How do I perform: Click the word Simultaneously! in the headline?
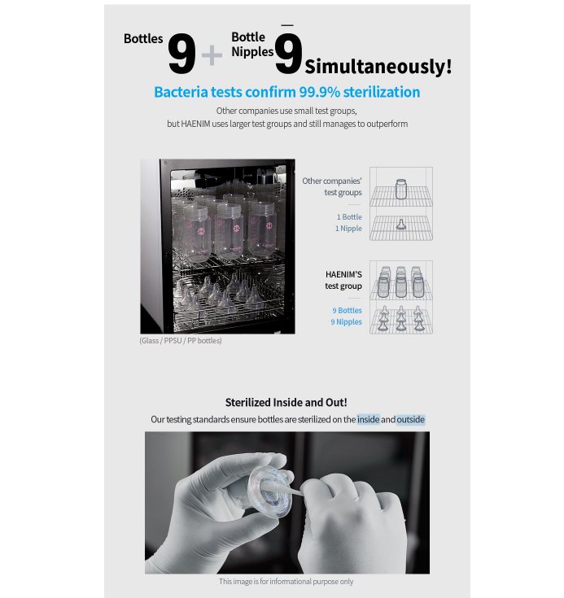pyautogui.click(x=378, y=67)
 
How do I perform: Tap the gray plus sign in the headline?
pyautogui.click(x=212, y=55)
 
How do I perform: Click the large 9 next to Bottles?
pyautogui.click(x=181, y=54)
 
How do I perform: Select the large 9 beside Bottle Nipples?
pyautogui.click(x=288, y=54)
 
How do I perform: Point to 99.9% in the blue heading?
pyautogui.click(x=319, y=92)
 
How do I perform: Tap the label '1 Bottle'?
pyautogui.click(x=349, y=217)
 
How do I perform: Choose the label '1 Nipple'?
pyautogui.click(x=348, y=229)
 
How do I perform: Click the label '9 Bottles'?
pyautogui.click(x=347, y=311)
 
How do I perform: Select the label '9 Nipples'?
pyautogui.click(x=346, y=322)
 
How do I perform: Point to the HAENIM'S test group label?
pyautogui.click(x=343, y=281)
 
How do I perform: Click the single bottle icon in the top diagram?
pyautogui.click(x=400, y=189)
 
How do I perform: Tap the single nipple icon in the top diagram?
pyautogui.click(x=400, y=225)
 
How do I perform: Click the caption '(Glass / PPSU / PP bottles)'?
pyautogui.click(x=181, y=341)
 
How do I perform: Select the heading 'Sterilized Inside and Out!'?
pyautogui.click(x=286, y=403)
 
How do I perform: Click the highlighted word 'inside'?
pyautogui.click(x=368, y=420)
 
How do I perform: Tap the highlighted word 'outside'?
pyautogui.click(x=411, y=420)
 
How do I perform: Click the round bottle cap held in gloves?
pyautogui.click(x=269, y=491)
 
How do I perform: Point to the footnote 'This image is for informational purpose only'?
pyautogui.click(x=286, y=582)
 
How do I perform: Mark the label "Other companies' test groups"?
pyautogui.click(x=332, y=186)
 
